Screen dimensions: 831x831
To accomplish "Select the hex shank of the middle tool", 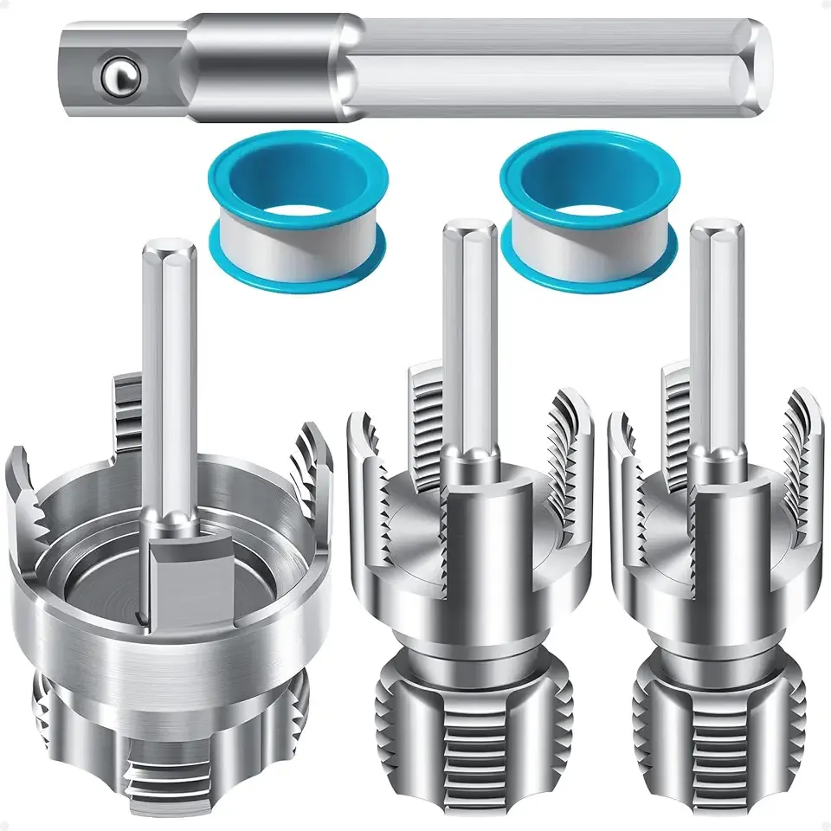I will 468,329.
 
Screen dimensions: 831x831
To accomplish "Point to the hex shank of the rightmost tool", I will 717,329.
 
